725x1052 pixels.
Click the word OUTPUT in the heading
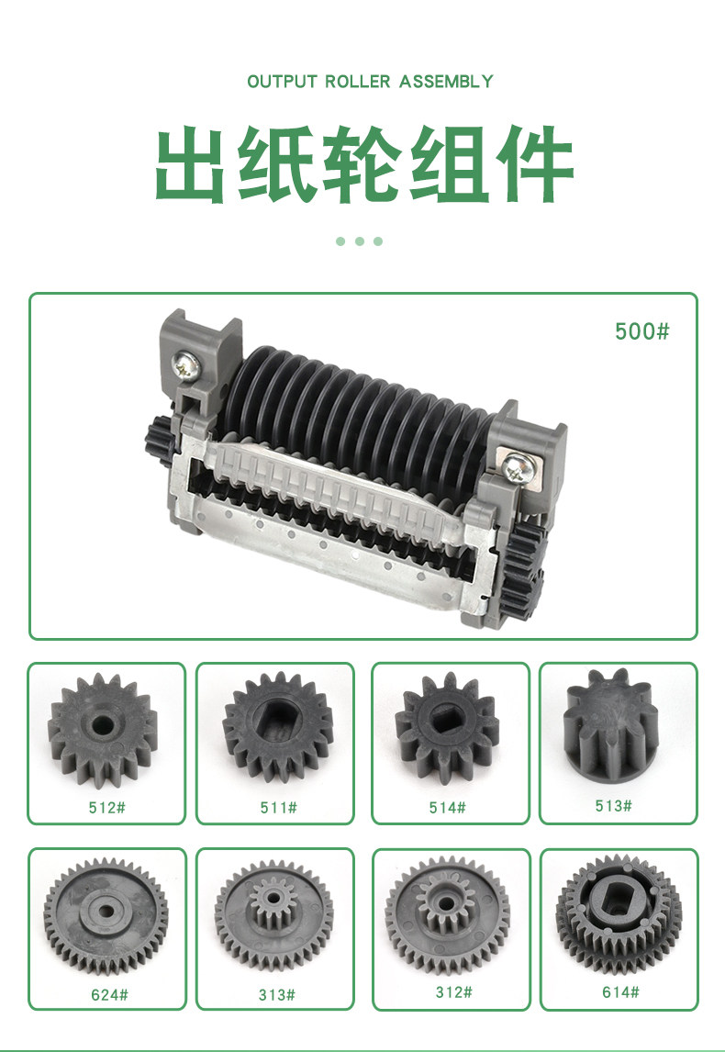pyautogui.click(x=282, y=82)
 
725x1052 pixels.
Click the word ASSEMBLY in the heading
pyautogui.click(x=446, y=82)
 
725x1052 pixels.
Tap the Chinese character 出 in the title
pyautogui.click(x=190, y=163)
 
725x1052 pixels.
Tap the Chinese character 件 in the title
pyautogui.click(x=534, y=163)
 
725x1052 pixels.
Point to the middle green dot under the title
pyautogui.click(x=360, y=241)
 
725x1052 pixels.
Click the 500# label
pyautogui.click(x=641, y=331)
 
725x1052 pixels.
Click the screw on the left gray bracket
pyautogui.click(x=185, y=366)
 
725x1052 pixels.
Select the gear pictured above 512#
pyautogui.click(x=103, y=729)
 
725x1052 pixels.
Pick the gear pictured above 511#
pyautogui.click(x=278, y=727)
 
